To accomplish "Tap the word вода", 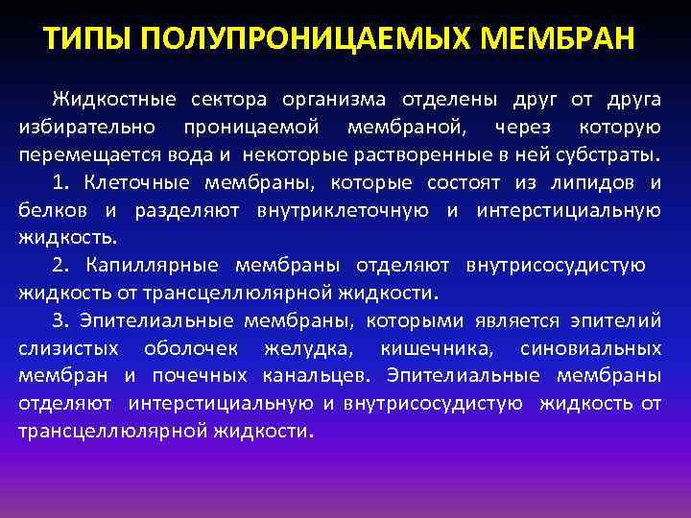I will (172, 154).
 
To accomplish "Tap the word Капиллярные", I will (151, 266).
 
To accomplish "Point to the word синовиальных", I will (589, 348).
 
